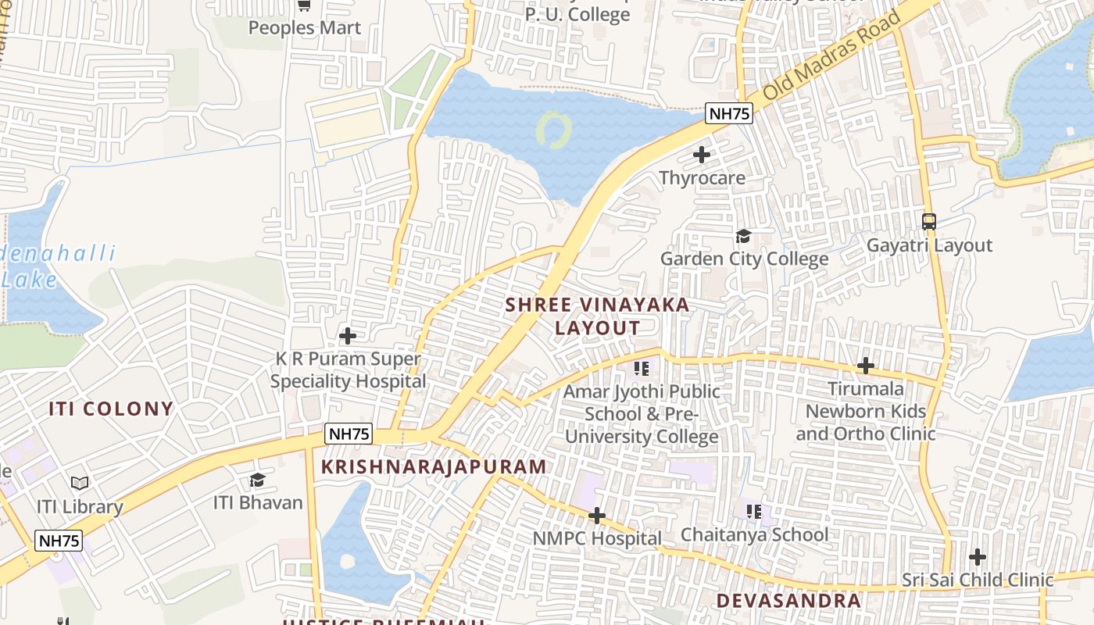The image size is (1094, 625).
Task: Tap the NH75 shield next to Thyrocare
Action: tap(728, 114)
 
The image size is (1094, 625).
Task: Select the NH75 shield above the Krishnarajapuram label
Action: tap(349, 434)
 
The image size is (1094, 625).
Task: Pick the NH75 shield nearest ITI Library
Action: tap(59, 541)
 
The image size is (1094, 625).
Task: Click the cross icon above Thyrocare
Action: tap(702, 155)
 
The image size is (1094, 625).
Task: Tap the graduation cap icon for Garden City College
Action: tap(743, 236)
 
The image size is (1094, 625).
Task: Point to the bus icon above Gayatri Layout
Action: tap(929, 222)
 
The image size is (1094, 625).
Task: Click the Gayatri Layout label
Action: tap(929, 246)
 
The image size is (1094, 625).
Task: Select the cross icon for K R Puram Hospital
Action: tap(348, 336)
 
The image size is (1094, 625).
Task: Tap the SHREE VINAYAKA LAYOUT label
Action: tap(598, 316)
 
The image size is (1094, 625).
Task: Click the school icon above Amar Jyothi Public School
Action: tap(642, 368)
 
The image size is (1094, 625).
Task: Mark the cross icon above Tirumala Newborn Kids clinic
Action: tap(865, 366)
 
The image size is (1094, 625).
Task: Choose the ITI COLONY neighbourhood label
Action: tap(111, 409)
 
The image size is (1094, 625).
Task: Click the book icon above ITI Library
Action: tap(80, 483)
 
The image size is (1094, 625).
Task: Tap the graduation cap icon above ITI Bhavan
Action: tap(257, 480)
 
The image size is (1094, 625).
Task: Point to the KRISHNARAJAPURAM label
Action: tap(434, 467)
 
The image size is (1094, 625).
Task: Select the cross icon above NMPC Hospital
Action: tap(597, 516)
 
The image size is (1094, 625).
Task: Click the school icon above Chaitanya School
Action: tap(754, 512)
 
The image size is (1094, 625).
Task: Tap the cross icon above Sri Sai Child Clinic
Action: tap(977, 557)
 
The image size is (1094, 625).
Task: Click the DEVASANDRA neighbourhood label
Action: tap(788, 600)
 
